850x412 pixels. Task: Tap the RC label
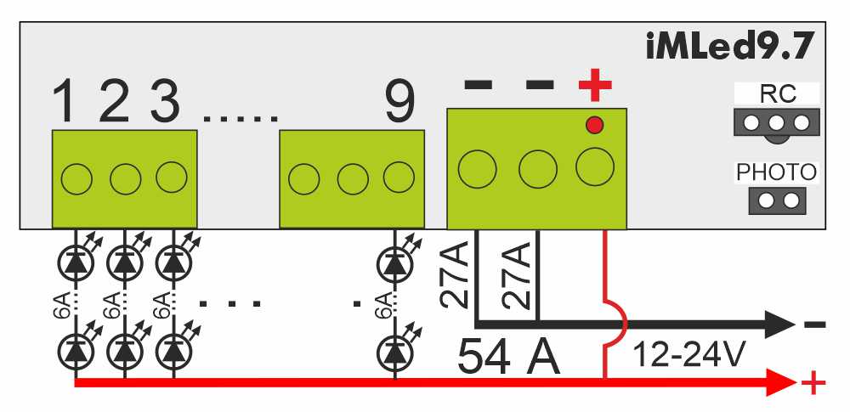(777, 93)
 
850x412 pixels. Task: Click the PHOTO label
(776, 172)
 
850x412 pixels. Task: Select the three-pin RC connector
(776, 123)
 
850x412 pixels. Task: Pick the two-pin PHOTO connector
(776, 201)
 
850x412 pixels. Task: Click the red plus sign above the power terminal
(595, 84)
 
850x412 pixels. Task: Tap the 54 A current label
(509, 358)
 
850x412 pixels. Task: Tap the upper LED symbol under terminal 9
(394, 264)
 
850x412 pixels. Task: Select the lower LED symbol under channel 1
(76, 347)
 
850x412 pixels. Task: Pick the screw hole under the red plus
(595, 167)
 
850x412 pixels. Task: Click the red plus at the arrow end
(813, 385)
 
